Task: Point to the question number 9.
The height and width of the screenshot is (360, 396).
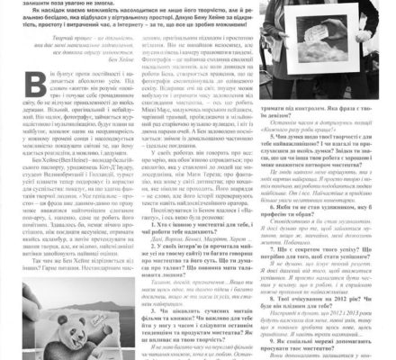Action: tap(271, 341)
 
